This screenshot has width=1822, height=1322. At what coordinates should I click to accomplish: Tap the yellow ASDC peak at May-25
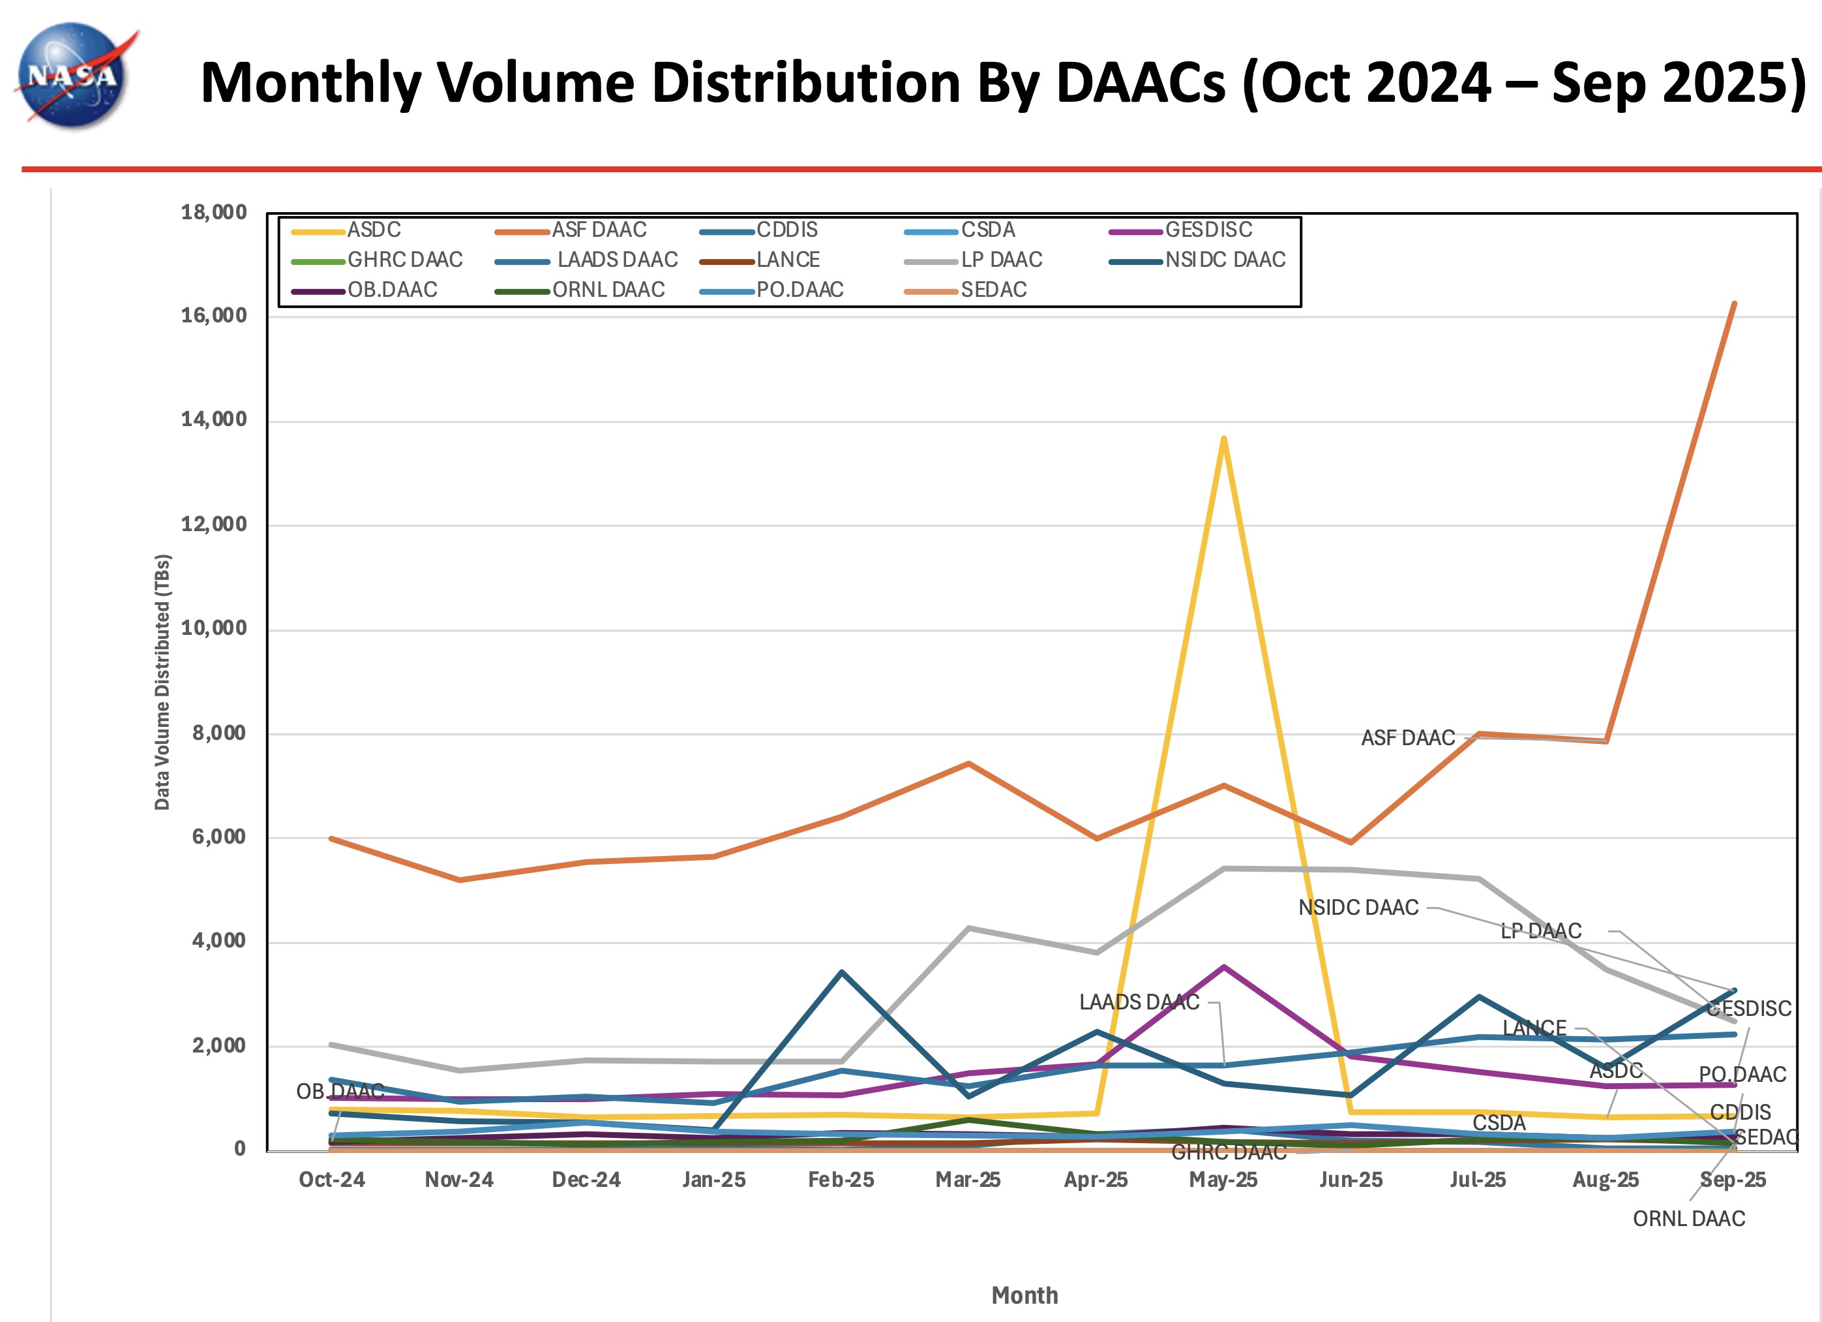[x=1223, y=438]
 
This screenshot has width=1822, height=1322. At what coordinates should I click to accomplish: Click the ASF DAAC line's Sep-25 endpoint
[x=1735, y=304]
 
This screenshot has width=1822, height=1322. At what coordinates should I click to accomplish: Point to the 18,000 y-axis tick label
[x=214, y=213]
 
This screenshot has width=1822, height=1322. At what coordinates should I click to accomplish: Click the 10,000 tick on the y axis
[x=214, y=628]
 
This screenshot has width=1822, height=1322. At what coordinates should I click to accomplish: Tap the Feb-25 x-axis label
[x=841, y=1180]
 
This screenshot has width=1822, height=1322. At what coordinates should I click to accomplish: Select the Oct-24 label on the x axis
[x=332, y=1180]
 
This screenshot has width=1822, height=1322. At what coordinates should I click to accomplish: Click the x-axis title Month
[x=1024, y=1295]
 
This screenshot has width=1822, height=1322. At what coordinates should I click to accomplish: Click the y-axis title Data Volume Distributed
[x=162, y=681]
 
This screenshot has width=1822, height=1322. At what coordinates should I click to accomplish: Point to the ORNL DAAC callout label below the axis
[x=1689, y=1219]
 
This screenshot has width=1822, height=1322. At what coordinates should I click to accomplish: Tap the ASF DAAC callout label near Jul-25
[x=1407, y=738]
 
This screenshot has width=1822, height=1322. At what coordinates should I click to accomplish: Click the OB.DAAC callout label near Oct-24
[x=340, y=1092]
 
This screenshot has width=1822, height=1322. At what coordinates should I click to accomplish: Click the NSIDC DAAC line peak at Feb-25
[x=841, y=972]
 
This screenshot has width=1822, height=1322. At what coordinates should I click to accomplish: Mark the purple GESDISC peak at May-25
[x=1223, y=967]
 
